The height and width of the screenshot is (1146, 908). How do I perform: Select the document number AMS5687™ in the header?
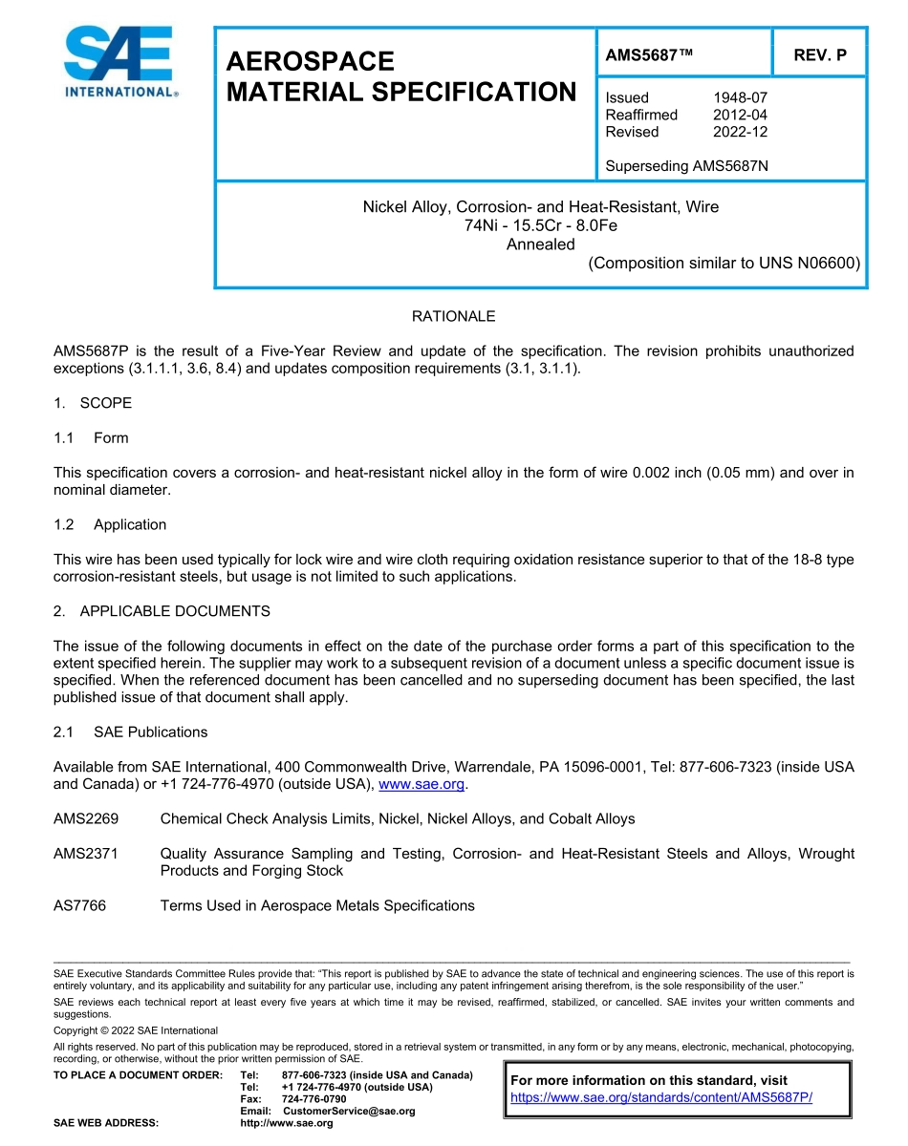(649, 55)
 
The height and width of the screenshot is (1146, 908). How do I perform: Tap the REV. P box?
(819, 55)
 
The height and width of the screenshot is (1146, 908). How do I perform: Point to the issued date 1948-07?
(740, 97)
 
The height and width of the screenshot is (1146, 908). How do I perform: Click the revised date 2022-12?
(740, 132)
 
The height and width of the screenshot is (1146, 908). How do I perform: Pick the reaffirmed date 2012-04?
(740, 115)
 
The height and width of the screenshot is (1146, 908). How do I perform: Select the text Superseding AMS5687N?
(686, 166)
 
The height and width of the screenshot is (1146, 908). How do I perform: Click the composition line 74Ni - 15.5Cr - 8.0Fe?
(541, 225)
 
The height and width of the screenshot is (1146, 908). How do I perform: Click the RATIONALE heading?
(453, 316)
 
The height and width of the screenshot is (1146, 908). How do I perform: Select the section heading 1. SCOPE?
(93, 403)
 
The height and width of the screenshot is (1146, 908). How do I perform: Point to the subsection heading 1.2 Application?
(111, 524)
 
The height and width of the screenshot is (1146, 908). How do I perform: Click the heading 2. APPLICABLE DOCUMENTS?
(162, 611)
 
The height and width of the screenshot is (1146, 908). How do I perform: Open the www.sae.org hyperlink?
(422, 784)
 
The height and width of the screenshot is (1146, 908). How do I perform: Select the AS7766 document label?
(79, 905)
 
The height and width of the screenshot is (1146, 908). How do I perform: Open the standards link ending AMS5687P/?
(661, 1097)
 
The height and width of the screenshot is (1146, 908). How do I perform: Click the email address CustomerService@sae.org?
(349, 1111)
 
